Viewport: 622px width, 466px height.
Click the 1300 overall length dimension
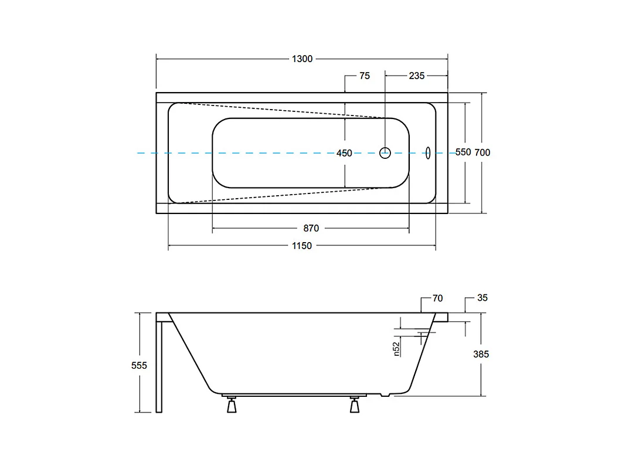tap(302, 59)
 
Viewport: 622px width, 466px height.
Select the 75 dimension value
tap(365, 76)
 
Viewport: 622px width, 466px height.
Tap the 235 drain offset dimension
tap(416, 76)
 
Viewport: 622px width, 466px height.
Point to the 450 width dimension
tap(344, 153)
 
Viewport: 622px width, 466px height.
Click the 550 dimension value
tap(463, 152)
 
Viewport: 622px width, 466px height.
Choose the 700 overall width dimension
tap(482, 152)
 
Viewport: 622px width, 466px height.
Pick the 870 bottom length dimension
tap(311, 229)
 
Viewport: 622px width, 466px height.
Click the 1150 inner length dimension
tap(302, 246)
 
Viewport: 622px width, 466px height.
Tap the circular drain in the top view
tap(385, 152)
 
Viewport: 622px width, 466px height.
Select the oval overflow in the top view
tap(428, 152)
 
